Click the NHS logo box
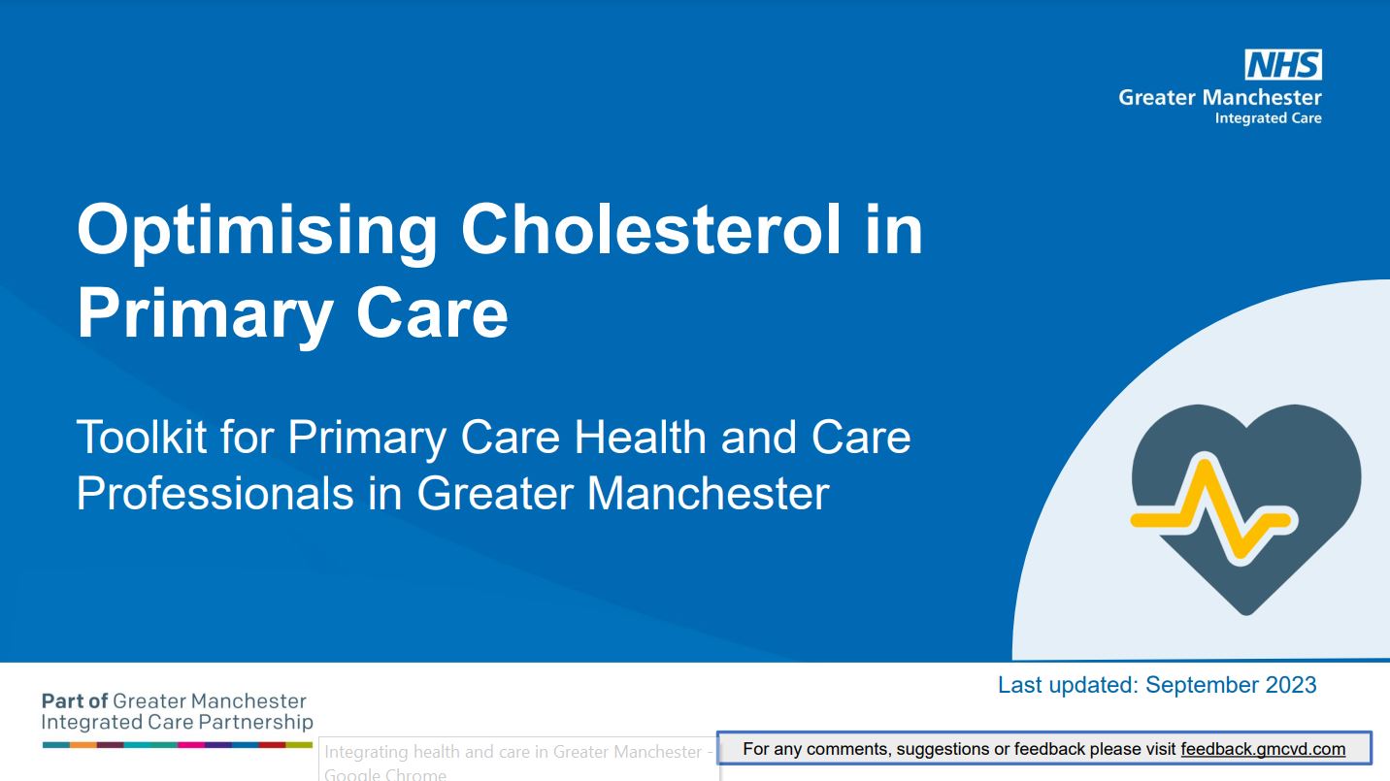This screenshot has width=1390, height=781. click(x=1282, y=64)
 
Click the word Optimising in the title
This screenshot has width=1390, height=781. click(x=257, y=232)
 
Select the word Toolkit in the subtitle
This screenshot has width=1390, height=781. click(x=142, y=437)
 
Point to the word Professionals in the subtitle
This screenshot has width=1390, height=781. click(x=215, y=494)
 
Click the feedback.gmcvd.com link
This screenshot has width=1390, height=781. click(x=1263, y=749)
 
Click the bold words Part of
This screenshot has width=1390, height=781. click(x=75, y=701)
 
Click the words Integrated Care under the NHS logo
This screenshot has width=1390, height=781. click(x=1268, y=117)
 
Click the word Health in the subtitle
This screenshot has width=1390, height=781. click(x=639, y=437)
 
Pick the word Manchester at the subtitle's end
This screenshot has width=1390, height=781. click(x=708, y=494)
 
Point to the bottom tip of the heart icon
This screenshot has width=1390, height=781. click(x=1246, y=615)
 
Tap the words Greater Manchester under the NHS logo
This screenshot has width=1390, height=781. click(x=1220, y=97)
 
